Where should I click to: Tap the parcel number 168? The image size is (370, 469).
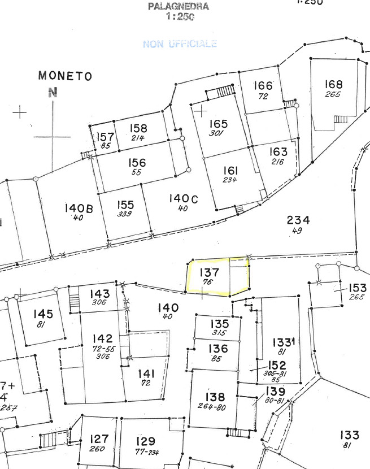tap(333, 85)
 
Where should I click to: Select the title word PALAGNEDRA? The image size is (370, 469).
tap(179, 7)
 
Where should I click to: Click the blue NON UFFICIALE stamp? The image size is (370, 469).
tap(180, 44)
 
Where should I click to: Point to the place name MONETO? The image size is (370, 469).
tap(65, 76)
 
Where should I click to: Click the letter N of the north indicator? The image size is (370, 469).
tap(53, 94)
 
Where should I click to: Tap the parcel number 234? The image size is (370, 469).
tap(298, 220)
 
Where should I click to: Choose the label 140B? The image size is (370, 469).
tap(78, 209)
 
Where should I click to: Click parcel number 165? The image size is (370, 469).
tap(218, 124)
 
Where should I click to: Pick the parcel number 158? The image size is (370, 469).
tap(138, 128)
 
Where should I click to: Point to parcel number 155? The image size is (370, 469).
tap(125, 205)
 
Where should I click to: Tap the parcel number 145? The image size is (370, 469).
tap(43, 314)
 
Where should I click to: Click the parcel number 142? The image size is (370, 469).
tap(102, 338)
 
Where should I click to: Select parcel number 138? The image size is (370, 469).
tap(215, 397)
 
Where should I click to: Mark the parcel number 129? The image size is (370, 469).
tap(146, 441)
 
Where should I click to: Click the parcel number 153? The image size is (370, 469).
tap(357, 288)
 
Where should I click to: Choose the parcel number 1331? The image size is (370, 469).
tap(284, 342)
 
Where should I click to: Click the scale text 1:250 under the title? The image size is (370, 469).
tap(180, 17)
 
